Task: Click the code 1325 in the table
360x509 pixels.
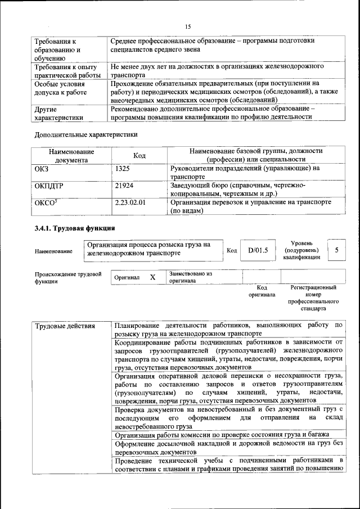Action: tap(123, 168)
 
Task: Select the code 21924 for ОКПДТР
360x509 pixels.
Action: tap(124, 185)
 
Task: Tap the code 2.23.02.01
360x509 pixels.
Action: tap(130, 202)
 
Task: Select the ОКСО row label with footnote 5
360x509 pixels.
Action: tap(46, 202)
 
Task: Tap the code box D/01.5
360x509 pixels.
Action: tap(258, 250)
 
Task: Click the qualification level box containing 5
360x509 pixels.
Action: tap(336, 249)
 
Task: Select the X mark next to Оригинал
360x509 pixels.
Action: tap(152, 277)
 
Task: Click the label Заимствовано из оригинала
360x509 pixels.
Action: tap(190, 277)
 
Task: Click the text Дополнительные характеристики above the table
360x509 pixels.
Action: tap(86, 134)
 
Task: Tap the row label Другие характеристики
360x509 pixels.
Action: tap(59, 114)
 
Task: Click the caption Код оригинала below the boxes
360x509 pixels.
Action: tap(262, 291)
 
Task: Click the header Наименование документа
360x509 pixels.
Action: tap(71, 155)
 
